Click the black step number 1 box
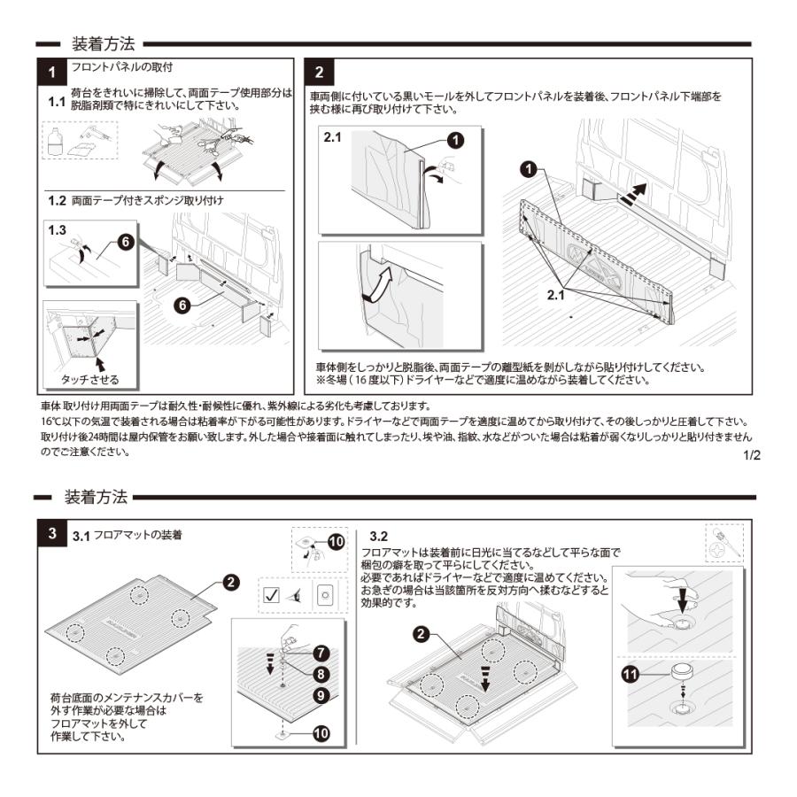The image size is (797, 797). (53, 70)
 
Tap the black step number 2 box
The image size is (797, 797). (318, 70)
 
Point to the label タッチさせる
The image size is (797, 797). (89, 380)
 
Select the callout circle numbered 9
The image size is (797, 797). (321, 695)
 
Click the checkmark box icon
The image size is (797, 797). (272, 594)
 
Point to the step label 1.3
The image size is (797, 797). (58, 228)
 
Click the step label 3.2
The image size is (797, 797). (378, 537)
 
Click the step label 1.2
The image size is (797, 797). (58, 201)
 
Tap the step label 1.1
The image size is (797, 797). (57, 101)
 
